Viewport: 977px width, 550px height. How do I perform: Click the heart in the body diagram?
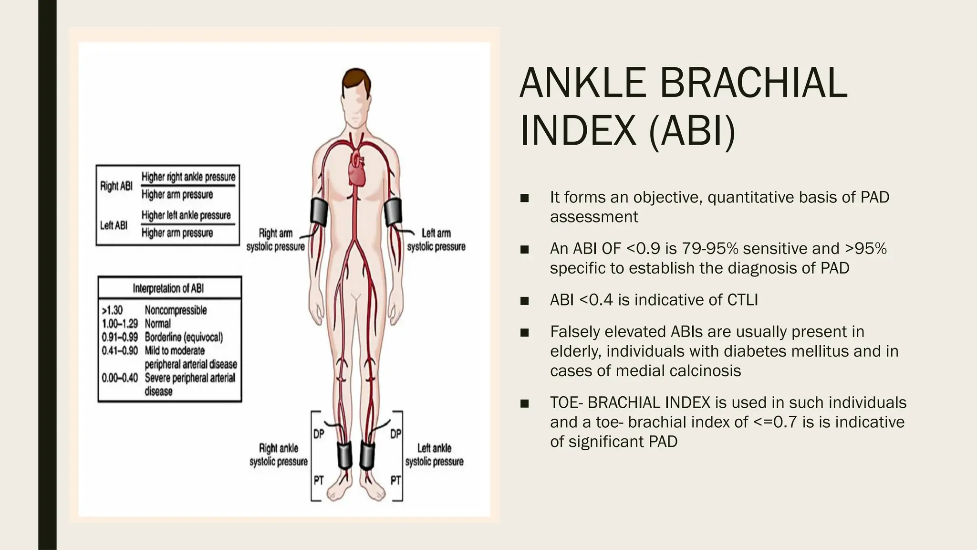[x=357, y=170]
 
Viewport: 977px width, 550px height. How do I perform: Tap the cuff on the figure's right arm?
[x=319, y=212]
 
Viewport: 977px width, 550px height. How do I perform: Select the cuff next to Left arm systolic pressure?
[x=394, y=212]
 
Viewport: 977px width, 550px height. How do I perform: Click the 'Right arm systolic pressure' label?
[x=276, y=240]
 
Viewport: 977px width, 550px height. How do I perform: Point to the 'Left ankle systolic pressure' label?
[x=434, y=455]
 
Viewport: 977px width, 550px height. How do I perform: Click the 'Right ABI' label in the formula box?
[x=116, y=186]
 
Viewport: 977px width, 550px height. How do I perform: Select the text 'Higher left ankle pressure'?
[x=186, y=215]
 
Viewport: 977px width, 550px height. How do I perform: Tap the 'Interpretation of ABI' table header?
[x=168, y=288]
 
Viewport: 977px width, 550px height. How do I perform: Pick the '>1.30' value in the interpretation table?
[x=113, y=310]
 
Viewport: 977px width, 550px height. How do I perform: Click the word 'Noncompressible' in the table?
[x=176, y=310]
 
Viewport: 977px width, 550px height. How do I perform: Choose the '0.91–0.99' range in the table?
[x=120, y=337]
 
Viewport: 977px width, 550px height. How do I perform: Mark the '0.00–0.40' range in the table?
[x=120, y=378]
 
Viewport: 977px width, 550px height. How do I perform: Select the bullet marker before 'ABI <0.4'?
[x=525, y=301]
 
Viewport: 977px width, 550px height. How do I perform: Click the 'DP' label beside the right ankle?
[x=319, y=434]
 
